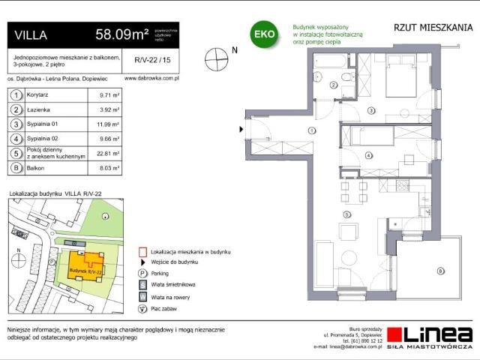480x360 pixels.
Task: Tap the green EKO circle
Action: [x=263, y=34]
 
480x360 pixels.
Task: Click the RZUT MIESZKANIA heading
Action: [x=433, y=28]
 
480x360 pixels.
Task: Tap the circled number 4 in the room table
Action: [x=16, y=139]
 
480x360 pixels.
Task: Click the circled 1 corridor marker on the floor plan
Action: [x=310, y=130]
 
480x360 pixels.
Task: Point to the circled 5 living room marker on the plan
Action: [x=346, y=214]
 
